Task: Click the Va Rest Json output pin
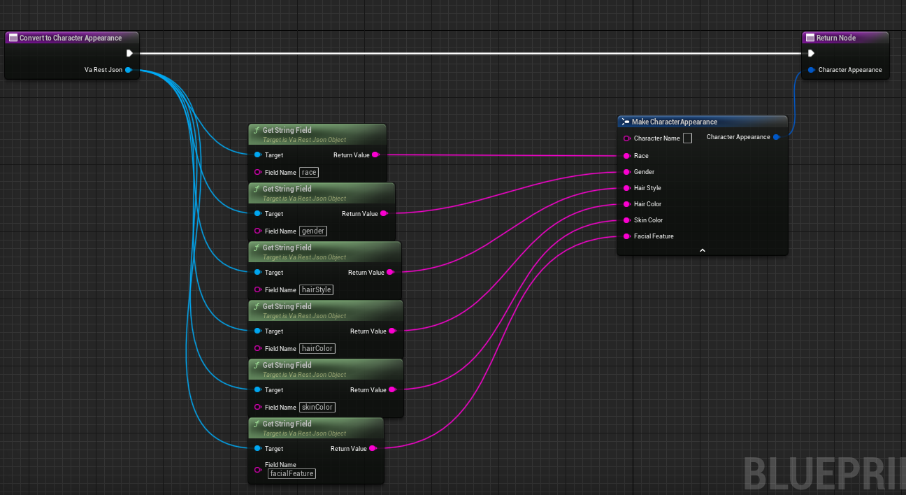(x=129, y=70)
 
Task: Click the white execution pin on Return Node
(x=811, y=53)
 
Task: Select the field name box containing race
(x=309, y=172)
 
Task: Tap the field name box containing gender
(x=313, y=231)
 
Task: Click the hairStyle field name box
(x=316, y=289)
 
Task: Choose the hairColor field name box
(x=317, y=348)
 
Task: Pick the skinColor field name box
(x=317, y=407)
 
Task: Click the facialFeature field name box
(x=292, y=473)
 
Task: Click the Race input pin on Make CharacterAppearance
(x=626, y=156)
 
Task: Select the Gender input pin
(x=626, y=172)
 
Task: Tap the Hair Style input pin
(x=626, y=188)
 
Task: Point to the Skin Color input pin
(x=626, y=220)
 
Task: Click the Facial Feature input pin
(x=626, y=236)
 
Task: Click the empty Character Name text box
(x=687, y=138)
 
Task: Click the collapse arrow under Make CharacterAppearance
(x=703, y=250)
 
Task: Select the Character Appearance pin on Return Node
(x=811, y=70)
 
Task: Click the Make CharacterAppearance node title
(x=674, y=122)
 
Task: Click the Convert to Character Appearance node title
(x=71, y=38)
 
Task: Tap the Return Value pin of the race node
(x=375, y=155)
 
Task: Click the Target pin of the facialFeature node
(x=258, y=448)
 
